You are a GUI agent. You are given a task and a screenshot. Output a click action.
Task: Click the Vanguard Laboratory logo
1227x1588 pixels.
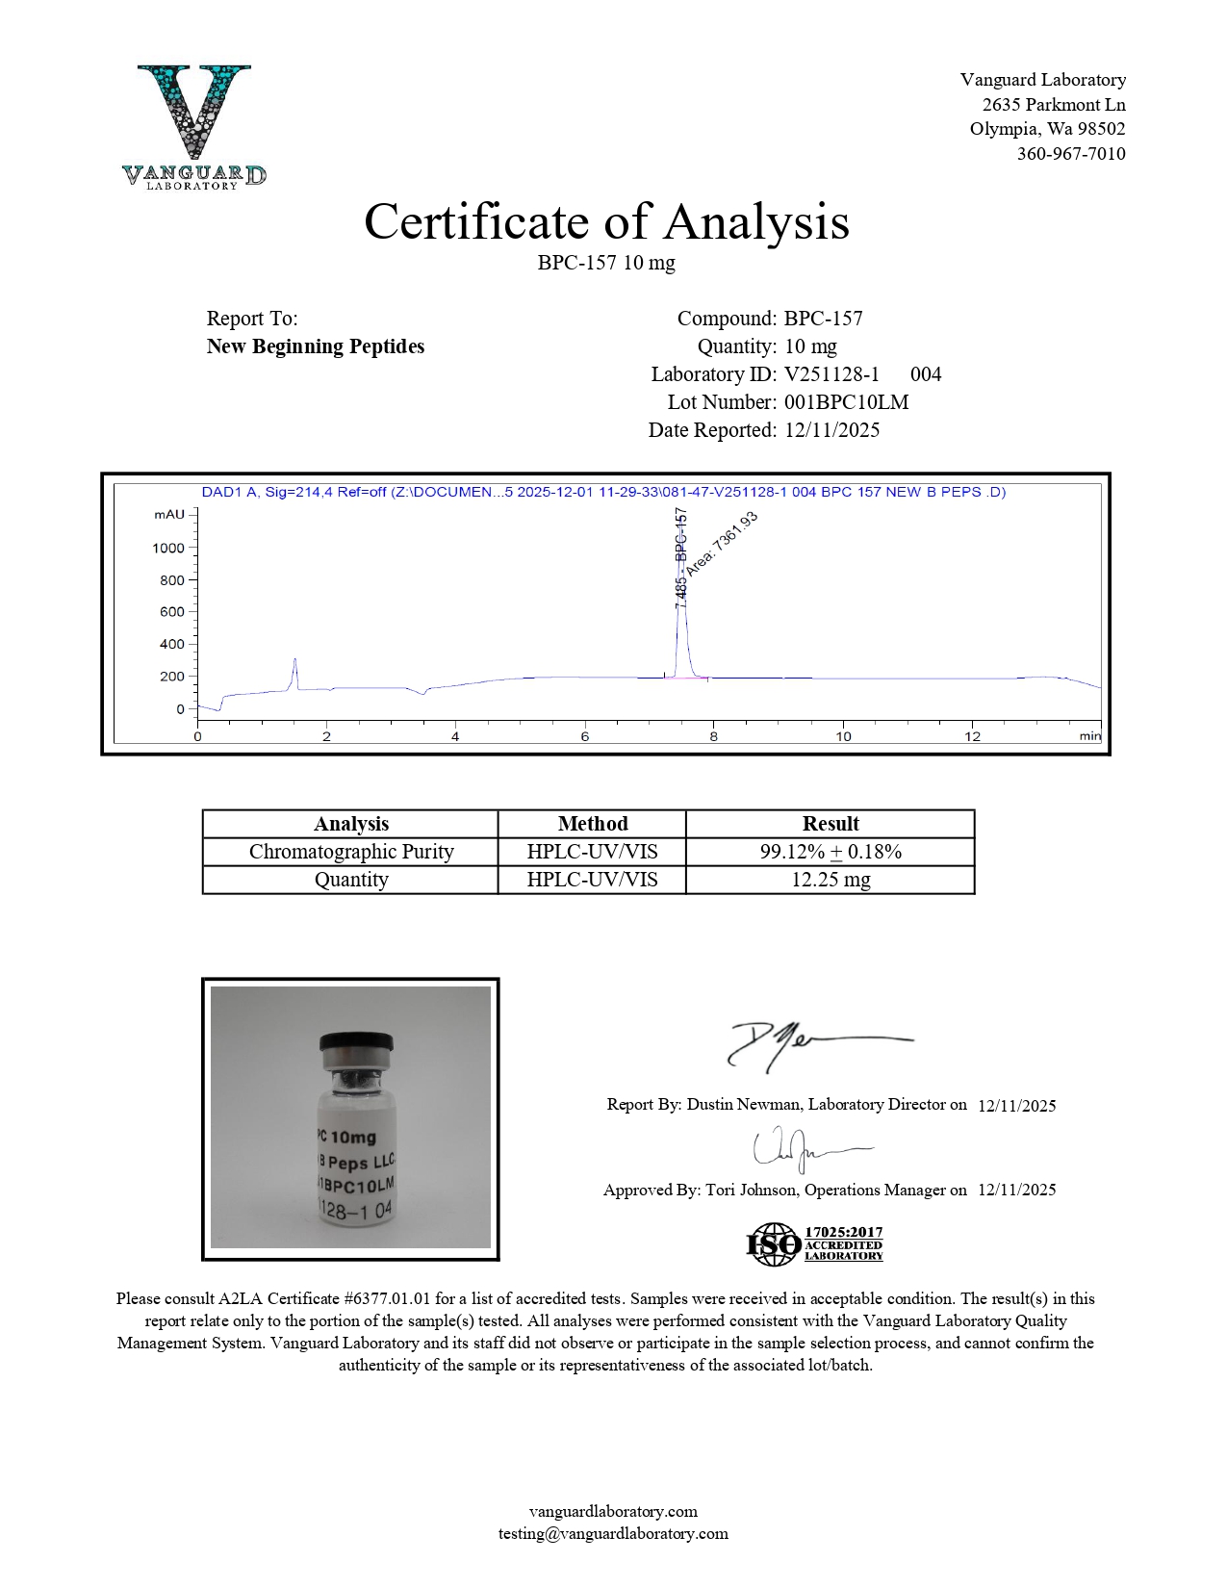pos(194,126)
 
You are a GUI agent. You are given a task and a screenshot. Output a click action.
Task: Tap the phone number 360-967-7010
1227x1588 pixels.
pos(1070,154)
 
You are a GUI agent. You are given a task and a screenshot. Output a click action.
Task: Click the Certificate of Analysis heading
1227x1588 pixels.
pos(606,221)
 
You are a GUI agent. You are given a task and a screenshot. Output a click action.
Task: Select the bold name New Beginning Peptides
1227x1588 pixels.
pos(315,346)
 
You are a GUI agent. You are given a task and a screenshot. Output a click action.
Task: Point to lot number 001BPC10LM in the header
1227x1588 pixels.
pos(846,402)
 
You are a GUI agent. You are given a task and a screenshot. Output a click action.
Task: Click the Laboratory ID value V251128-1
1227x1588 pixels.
pos(831,374)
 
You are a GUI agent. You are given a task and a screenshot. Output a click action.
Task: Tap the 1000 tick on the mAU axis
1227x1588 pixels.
pos(168,548)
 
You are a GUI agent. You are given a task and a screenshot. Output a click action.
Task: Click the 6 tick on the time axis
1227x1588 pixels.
pos(584,736)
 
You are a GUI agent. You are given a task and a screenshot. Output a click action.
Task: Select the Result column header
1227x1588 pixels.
pos(830,824)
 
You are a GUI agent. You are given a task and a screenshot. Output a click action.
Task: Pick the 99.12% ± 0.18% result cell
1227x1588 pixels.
pos(830,852)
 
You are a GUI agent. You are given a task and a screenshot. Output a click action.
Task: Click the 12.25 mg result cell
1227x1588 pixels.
pos(830,880)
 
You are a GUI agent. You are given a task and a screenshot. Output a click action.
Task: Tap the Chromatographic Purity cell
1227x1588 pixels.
pos(350,852)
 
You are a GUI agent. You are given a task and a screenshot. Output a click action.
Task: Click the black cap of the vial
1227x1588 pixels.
pos(356,1044)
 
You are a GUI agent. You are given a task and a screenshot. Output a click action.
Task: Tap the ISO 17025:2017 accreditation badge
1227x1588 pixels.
pos(815,1244)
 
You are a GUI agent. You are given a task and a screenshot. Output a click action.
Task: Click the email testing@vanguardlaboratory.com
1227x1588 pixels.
pos(613,1534)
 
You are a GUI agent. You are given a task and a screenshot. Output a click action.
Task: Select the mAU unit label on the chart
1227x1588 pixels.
pos(168,515)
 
